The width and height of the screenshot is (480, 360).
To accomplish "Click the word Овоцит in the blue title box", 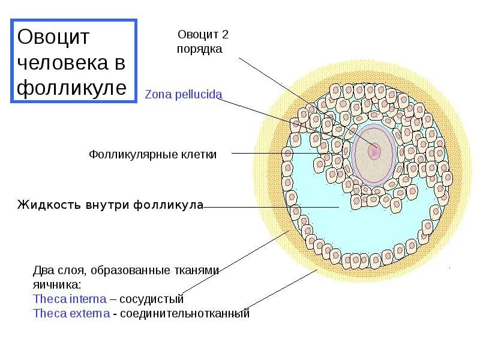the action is [x=54, y=37].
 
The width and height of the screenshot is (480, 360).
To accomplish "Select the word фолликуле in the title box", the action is [x=72, y=88].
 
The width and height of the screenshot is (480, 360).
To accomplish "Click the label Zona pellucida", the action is [x=184, y=95].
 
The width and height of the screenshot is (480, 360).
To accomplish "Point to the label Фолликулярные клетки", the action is [x=153, y=154].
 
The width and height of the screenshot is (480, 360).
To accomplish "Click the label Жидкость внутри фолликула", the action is [x=110, y=205].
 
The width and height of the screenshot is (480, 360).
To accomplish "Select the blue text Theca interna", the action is [x=70, y=298].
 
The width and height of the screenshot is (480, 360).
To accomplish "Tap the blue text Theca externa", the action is [x=72, y=313].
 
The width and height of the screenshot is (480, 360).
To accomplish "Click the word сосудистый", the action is [x=154, y=298].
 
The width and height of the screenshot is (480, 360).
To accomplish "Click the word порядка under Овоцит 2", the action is [x=199, y=49].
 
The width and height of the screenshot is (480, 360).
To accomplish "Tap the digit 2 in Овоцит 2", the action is [x=225, y=35].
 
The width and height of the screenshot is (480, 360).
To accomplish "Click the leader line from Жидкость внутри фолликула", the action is [x=270, y=208].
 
